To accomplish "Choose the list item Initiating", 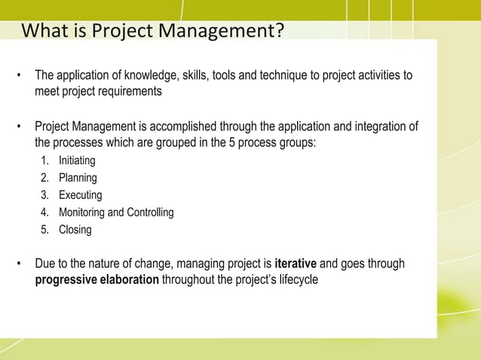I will click(77, 160).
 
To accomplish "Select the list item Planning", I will click(78, 178).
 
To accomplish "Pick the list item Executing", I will click(80, 195).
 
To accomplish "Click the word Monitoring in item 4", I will click(83, 212).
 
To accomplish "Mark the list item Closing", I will click(75, 230).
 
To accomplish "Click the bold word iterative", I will click(296, 264).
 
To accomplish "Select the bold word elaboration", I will click(127, 279).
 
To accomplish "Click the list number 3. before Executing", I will click(45, 195).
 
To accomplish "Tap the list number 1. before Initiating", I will click(45, 160).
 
